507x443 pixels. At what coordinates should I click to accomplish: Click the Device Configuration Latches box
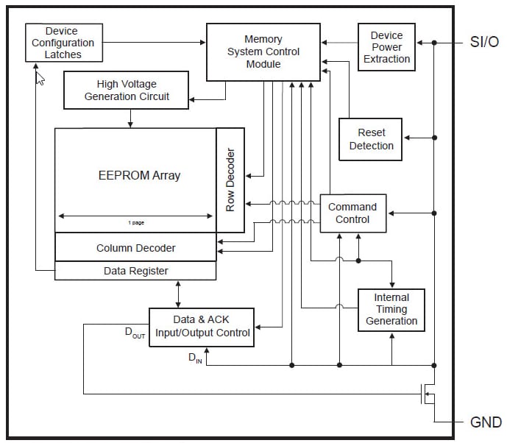coord(63,43)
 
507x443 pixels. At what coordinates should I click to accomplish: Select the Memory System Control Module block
coord(263,52)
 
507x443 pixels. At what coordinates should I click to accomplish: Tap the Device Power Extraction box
coord(386,47)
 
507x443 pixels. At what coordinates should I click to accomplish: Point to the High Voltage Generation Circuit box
coord(127,90)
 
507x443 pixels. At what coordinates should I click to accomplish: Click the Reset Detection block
coord(371,139)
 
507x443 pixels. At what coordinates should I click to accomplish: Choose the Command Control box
coord(352,213)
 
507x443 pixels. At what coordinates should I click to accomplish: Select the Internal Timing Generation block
coord(391,309)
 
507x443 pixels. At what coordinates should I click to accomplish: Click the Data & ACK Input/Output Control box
coord(202,327)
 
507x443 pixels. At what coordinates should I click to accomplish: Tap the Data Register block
coord(135,271)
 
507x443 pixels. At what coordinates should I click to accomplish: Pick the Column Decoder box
coord(135,247)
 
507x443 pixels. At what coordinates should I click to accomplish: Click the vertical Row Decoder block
coord(230,180)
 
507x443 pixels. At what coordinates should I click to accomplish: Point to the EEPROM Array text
coord(139,175)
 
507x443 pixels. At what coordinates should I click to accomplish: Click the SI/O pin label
coord(484,42)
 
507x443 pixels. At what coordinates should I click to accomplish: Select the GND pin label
coord(486,422)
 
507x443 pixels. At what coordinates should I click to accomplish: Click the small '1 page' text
coord(135,222)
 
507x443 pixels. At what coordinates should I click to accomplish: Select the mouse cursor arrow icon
coord(40,78)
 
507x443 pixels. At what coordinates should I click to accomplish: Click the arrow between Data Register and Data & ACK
coord(179,294)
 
